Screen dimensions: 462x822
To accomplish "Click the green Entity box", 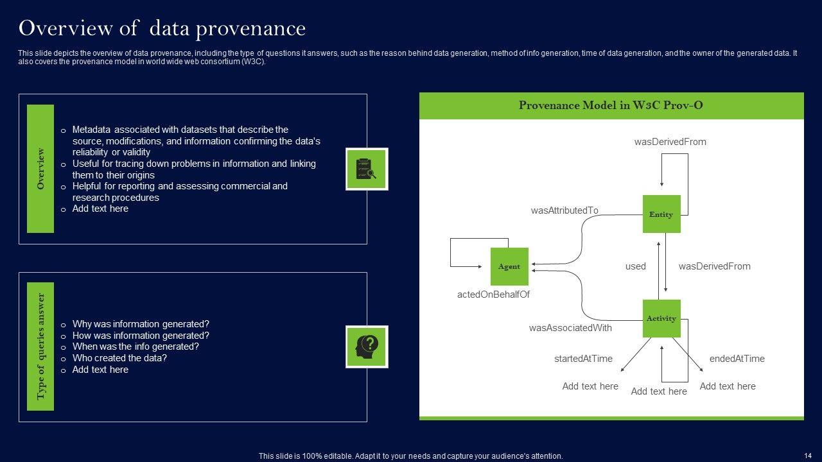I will coord(661,214).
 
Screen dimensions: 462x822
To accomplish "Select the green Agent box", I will coord(509,266).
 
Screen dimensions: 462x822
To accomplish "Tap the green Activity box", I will coord(661,318).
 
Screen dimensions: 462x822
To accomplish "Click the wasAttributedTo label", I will coord(564,210).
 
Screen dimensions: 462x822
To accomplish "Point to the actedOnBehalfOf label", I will coord(493,295).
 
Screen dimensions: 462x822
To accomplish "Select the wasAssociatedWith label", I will coord(570,328).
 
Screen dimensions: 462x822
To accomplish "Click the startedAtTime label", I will coord(583,359).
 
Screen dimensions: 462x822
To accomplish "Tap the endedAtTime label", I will coord(737,359).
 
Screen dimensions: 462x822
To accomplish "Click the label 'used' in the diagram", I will coord(635,266).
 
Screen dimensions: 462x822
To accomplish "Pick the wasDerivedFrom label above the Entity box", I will coord(670,142).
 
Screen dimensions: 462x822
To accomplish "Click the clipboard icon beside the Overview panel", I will coord(367,169).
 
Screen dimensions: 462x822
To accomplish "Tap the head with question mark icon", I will coord(367,346).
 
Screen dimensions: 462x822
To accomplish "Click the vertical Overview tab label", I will coord(40,169).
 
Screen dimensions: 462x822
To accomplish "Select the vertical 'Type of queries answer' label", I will coord(40,346).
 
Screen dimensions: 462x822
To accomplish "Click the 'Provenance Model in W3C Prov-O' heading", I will coord(611,105).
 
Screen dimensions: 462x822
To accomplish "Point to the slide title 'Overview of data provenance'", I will coord(162,28).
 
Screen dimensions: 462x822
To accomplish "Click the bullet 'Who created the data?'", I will coord(119,358).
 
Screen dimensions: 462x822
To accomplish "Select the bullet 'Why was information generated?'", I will coord(141,324).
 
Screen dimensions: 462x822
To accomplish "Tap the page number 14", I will coord(808,456).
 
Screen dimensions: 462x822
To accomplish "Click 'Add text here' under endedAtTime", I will coord(728,386).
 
